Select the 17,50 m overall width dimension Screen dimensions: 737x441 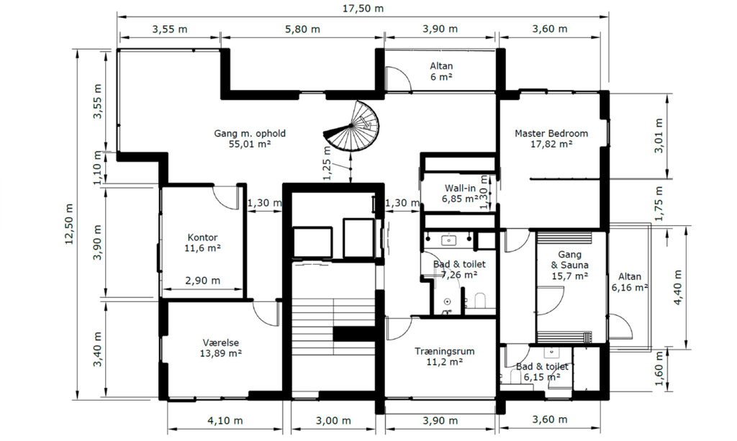363,9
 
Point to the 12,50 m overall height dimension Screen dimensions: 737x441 69,224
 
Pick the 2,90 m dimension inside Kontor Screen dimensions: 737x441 202,281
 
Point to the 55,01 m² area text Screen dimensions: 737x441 250,144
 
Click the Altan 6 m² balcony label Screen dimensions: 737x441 441,71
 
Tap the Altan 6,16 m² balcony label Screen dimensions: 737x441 629,282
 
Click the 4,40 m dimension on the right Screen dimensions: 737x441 678,287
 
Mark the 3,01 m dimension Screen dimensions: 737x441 659,136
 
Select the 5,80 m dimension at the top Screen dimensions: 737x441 303,29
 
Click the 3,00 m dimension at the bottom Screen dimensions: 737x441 333,420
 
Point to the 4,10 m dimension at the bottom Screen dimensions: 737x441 225,420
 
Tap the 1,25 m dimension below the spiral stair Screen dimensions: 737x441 327,163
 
